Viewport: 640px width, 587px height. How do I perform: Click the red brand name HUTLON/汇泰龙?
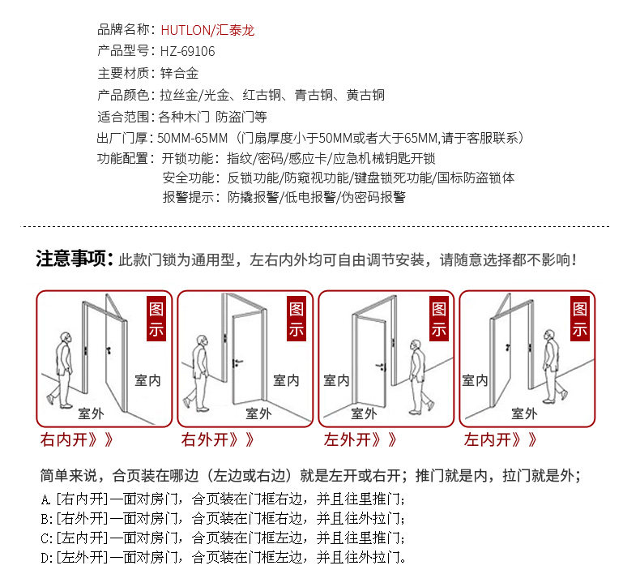[207, 30]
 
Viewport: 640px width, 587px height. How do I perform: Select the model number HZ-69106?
[187, 51]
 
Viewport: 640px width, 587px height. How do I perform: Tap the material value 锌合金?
[179, 73]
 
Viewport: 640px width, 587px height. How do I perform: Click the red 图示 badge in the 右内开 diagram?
[156, 319]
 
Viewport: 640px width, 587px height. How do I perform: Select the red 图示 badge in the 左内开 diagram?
[580, 319]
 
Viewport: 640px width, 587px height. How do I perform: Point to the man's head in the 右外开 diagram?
[202, 341]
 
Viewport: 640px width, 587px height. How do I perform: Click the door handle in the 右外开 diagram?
[237, 362]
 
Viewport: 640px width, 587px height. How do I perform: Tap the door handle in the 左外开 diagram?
[381, 366]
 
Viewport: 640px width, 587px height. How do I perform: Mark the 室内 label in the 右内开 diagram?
[147, 381]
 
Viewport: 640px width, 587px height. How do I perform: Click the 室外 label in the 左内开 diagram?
[524, 413]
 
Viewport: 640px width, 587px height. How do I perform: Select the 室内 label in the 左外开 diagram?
[336, 381]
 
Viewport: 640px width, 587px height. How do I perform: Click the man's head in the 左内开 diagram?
[549, 336]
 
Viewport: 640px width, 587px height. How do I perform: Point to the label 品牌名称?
[124, 29]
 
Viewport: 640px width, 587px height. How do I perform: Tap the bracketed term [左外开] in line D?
[82, 557]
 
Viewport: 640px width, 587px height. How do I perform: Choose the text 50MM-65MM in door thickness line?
[192, 138]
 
